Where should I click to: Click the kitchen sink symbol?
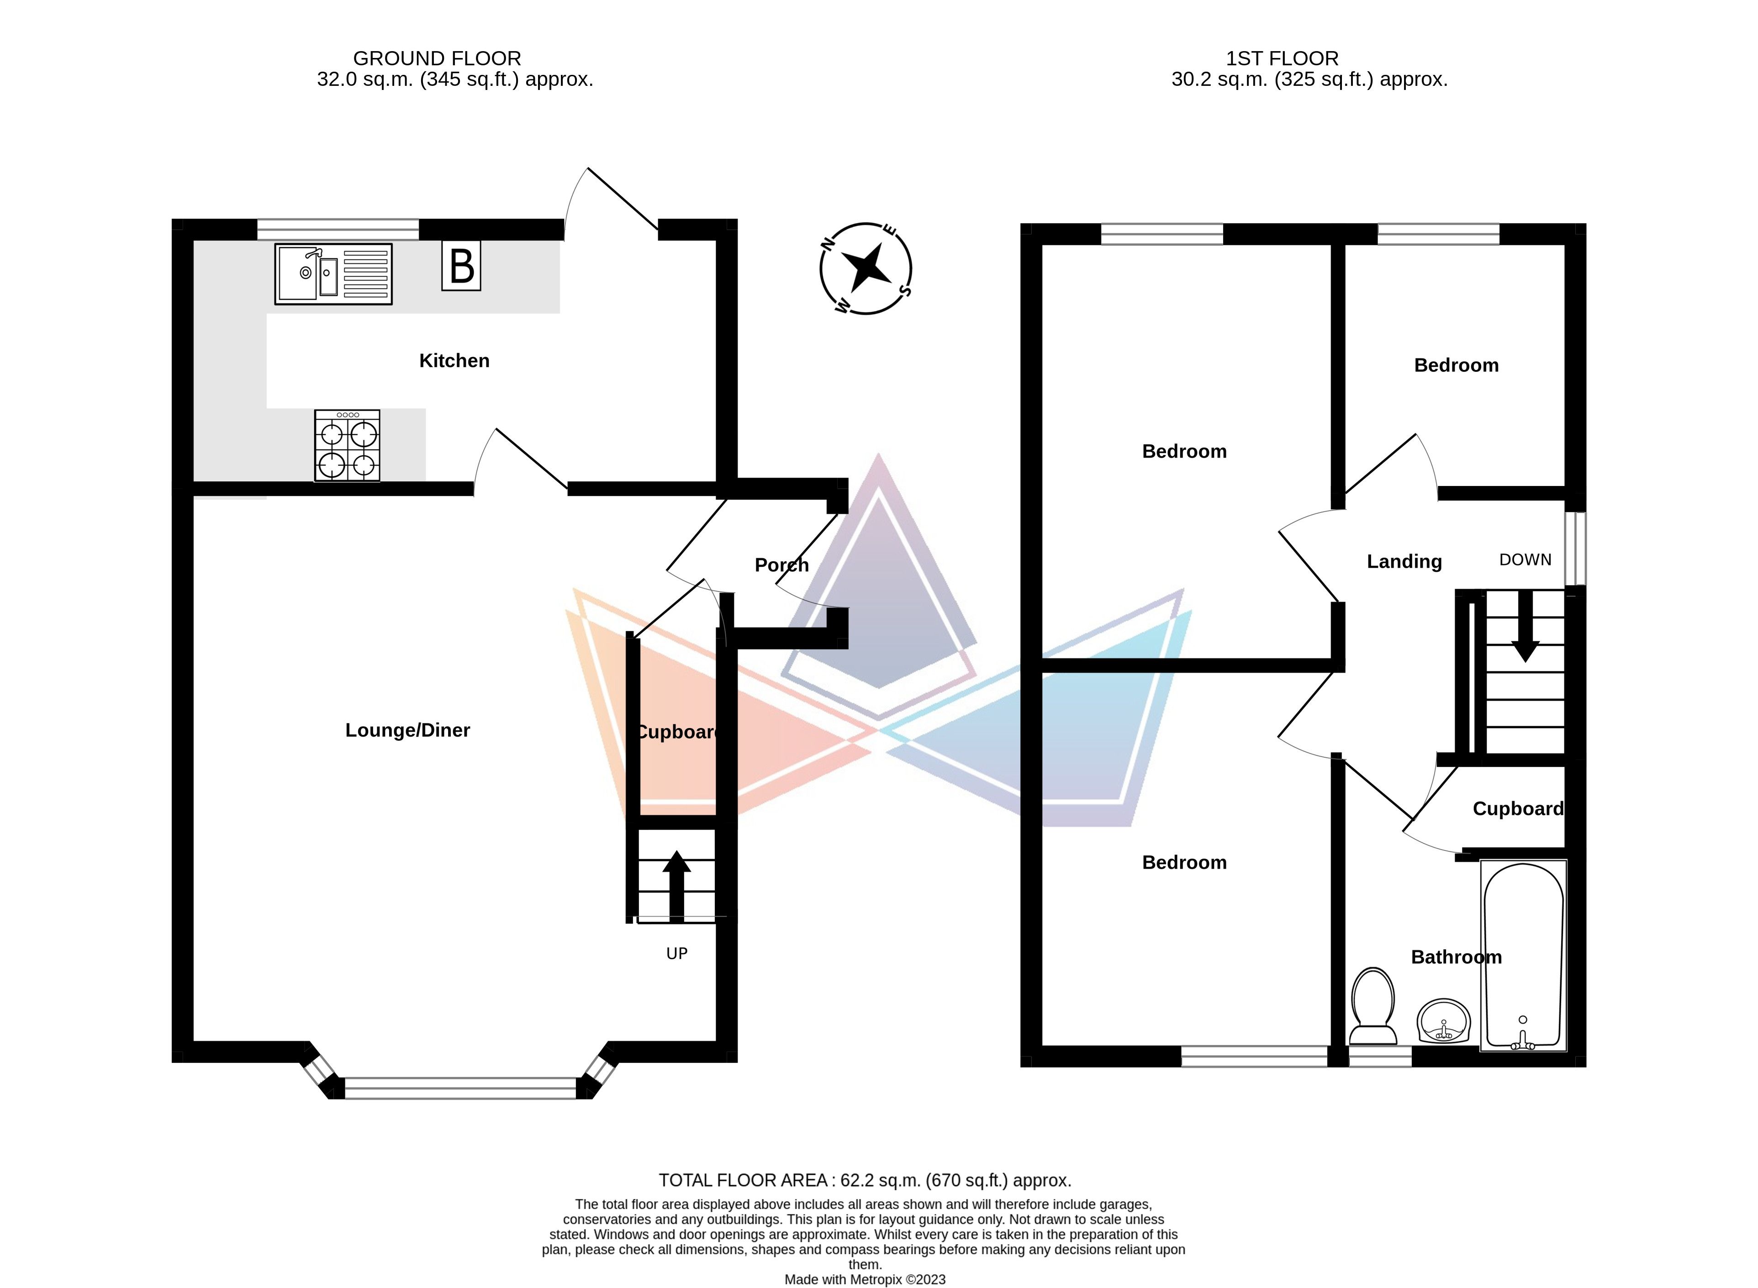coord(333,274)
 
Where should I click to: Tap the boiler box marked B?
coord(461,266)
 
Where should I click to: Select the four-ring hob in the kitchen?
coord(348,446)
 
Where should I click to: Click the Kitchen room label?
coord(454,361)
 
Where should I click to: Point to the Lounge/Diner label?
coord(408,730)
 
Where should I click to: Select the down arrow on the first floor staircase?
coord(1525,628)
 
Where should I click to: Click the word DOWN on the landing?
coord(1525,560)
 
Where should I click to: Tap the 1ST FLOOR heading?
coord(1282,58)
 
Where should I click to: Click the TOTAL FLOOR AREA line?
coord(865,1180)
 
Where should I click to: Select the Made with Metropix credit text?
coord(865,1279)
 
